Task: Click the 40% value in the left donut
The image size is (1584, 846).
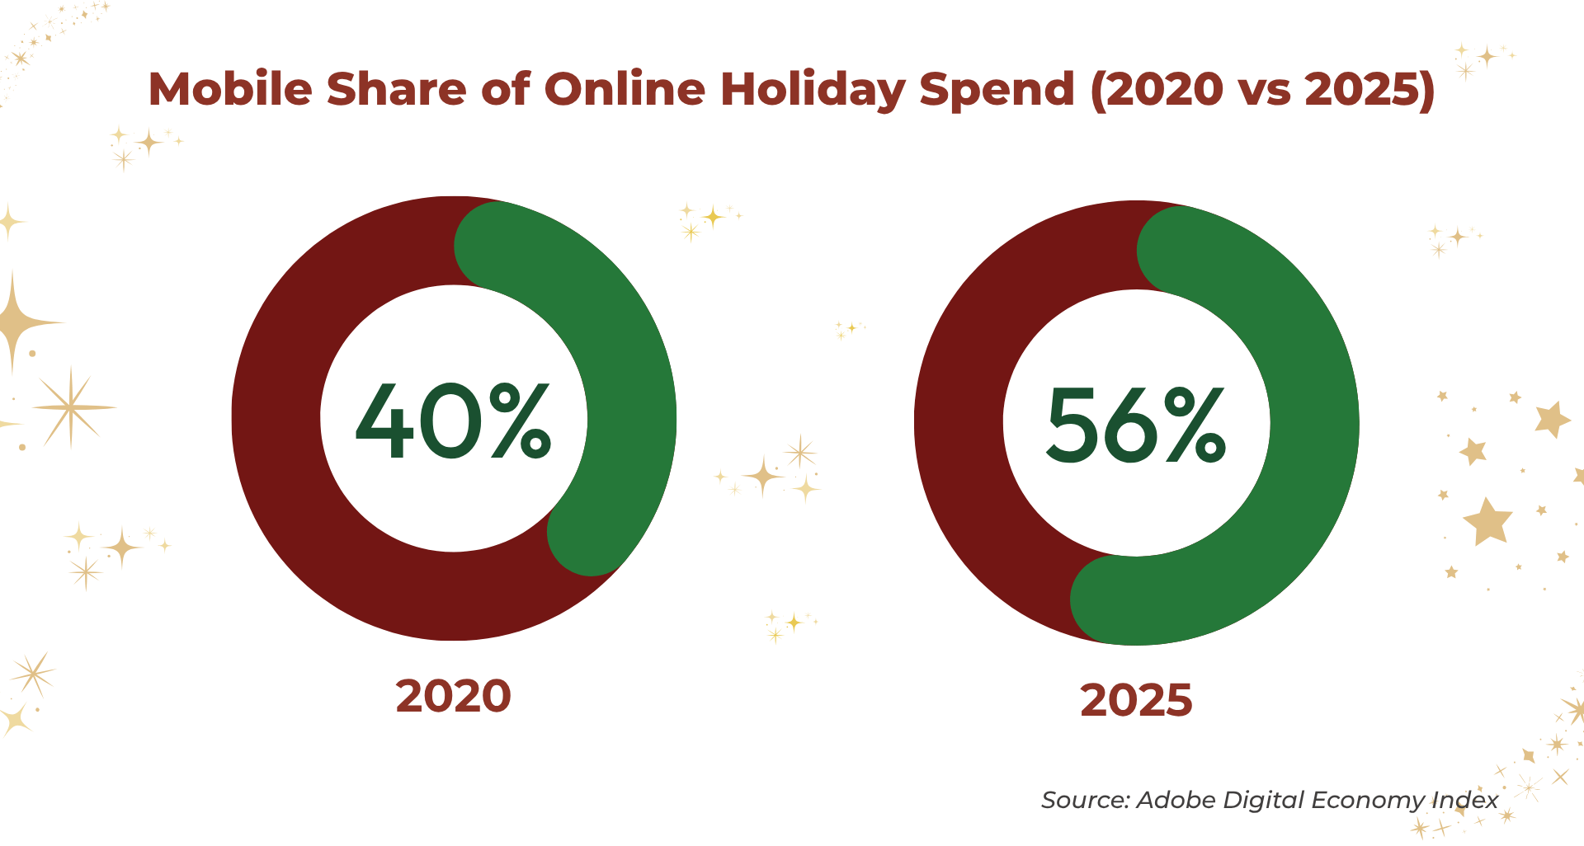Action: pos(453,421)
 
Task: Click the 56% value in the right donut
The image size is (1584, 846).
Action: pos(1136,425)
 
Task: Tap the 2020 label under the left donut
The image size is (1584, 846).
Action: pos(453,696)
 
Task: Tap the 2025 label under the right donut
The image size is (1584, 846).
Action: pos(1136,700)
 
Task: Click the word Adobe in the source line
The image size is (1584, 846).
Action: pos(1176,800)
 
